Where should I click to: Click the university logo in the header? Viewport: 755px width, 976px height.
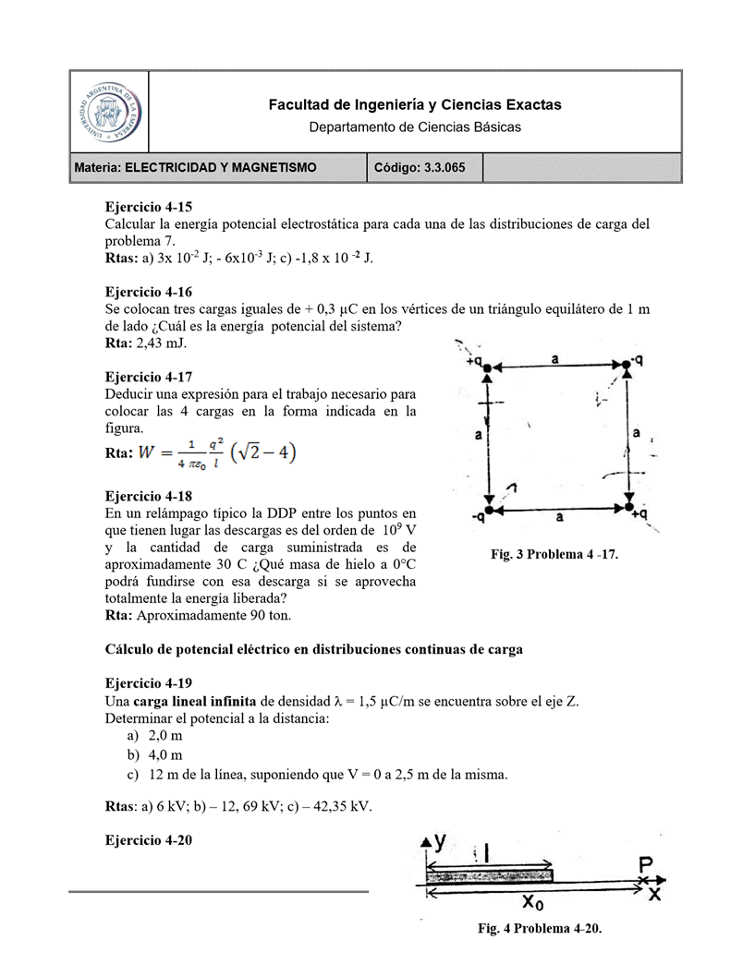coord(110,112)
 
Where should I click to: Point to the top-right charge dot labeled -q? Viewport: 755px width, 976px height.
coord(627,367)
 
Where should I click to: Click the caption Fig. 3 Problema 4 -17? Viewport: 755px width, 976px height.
coord(554,554)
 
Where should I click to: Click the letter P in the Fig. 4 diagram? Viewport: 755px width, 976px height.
coord(646,865)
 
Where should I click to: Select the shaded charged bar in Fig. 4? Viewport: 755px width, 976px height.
coord(489,874)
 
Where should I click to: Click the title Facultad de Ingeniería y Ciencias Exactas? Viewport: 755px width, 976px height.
coord(414,105)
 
